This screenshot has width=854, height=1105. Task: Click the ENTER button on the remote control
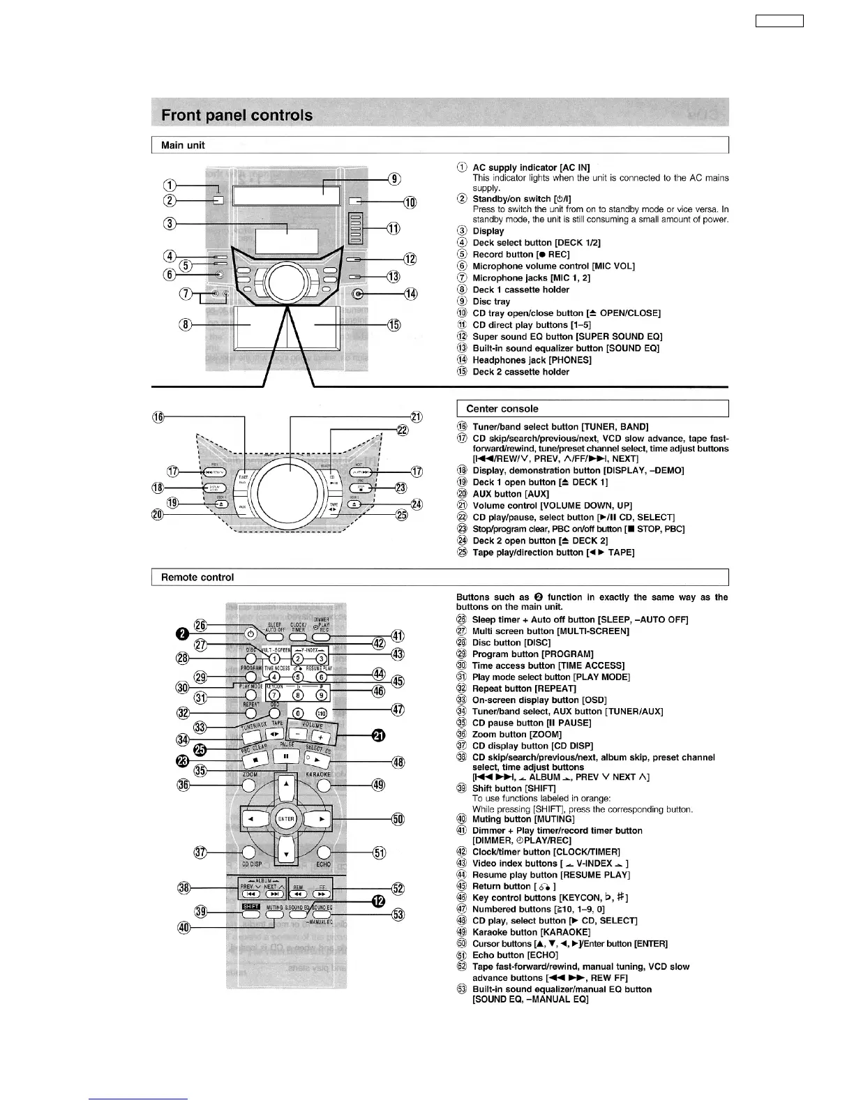[x=286, y=819]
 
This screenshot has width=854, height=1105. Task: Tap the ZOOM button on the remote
[x=250, y=785]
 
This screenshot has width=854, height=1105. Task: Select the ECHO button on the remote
[x=323, y=852]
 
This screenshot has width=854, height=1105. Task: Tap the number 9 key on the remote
[x=321, y=695]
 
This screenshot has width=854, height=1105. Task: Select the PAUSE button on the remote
[x=286, y=756]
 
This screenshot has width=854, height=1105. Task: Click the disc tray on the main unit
[x=286, y=195]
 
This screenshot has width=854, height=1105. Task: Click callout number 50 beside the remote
[x=398, y=819]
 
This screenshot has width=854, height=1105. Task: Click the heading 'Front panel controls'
[x=237, y=115]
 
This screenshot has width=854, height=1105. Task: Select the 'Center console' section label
[x=502, y=409]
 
